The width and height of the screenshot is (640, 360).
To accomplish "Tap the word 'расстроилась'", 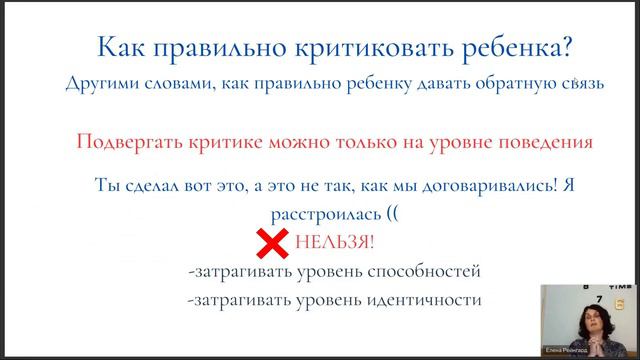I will [x=312, y=214].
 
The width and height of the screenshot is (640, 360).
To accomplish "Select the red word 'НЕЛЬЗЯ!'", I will [x=336, y=244].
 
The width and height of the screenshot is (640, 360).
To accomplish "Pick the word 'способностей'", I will [x=410, y=272].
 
